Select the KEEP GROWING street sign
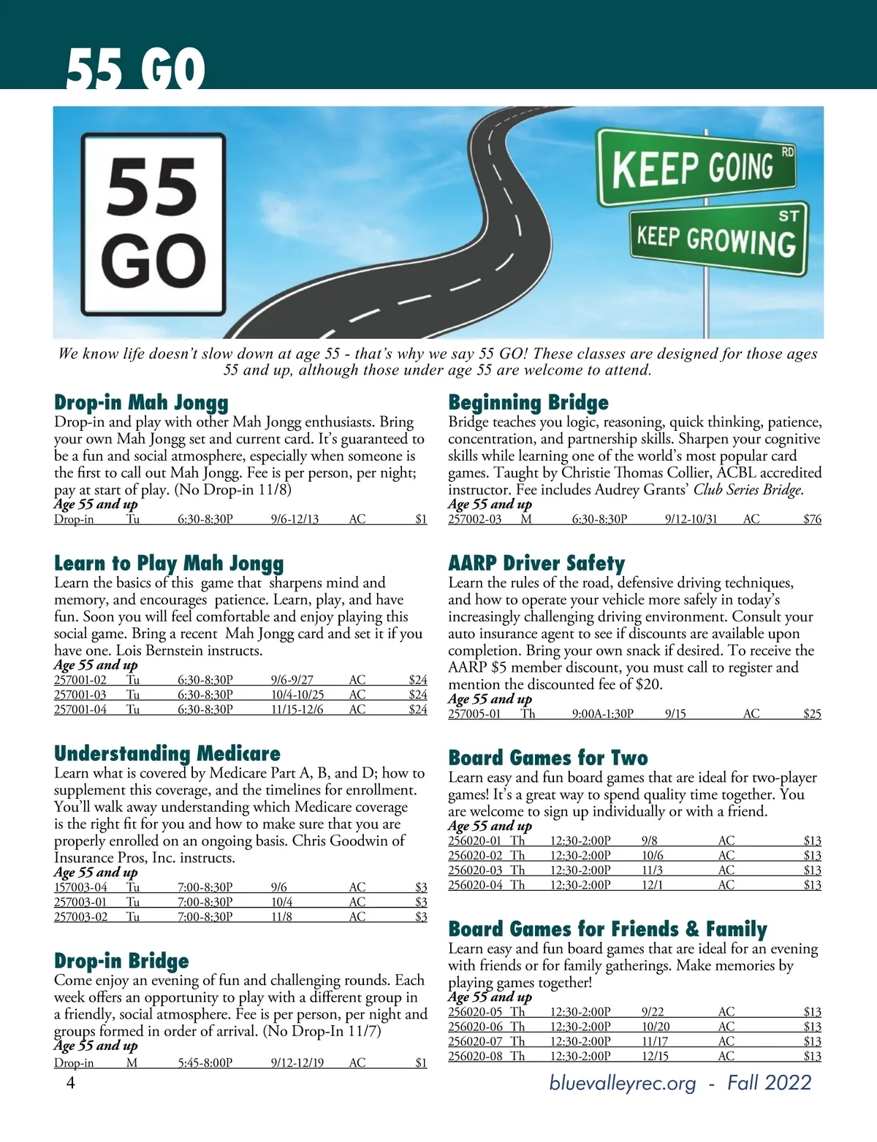718,238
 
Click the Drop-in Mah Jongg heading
141,402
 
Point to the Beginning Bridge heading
528,402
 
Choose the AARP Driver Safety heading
536,563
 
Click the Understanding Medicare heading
167,754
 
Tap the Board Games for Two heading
547,758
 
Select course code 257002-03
474,519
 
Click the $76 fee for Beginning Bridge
812,519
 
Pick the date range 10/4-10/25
297,694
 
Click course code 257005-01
474,713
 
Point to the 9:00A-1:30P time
602,713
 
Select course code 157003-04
80,887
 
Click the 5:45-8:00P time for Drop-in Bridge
205,1063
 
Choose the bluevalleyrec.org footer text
623,1082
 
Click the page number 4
71,1083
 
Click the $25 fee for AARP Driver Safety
812,713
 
